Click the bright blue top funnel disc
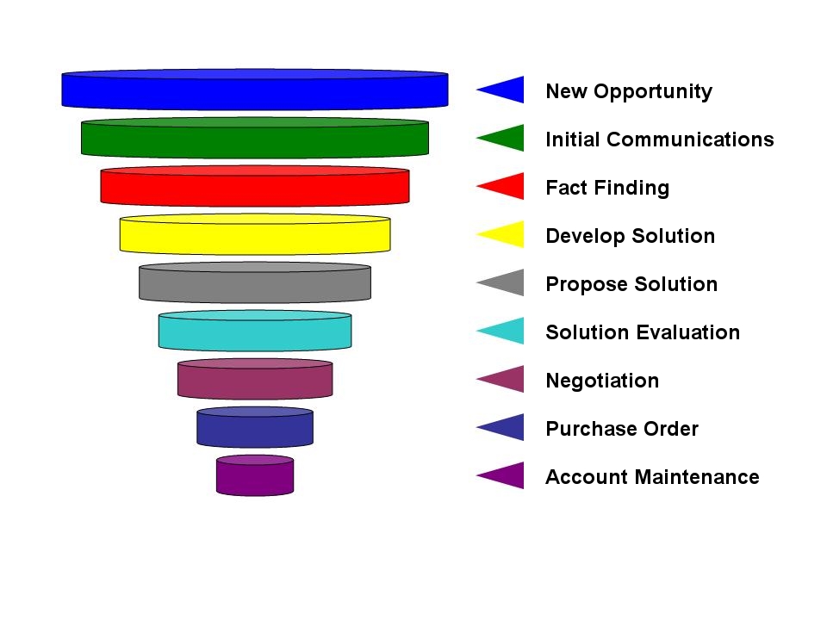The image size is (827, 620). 255,89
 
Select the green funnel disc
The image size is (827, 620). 255,138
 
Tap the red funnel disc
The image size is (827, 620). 255,186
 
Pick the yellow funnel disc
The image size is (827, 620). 255,234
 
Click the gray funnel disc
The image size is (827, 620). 255,282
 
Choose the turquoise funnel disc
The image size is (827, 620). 255,331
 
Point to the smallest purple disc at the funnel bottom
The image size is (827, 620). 255,475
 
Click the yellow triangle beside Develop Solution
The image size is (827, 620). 507,234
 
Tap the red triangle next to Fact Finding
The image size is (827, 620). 507,186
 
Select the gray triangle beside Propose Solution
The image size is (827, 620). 507,282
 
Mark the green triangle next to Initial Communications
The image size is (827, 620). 507,138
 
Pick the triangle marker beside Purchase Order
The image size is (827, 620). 507,427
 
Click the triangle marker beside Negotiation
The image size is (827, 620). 507,379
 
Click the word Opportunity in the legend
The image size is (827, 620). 653,92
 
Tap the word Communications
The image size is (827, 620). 690,139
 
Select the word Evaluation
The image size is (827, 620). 690,332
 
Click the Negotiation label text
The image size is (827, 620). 602,381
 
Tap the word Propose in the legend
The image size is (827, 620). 587,285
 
